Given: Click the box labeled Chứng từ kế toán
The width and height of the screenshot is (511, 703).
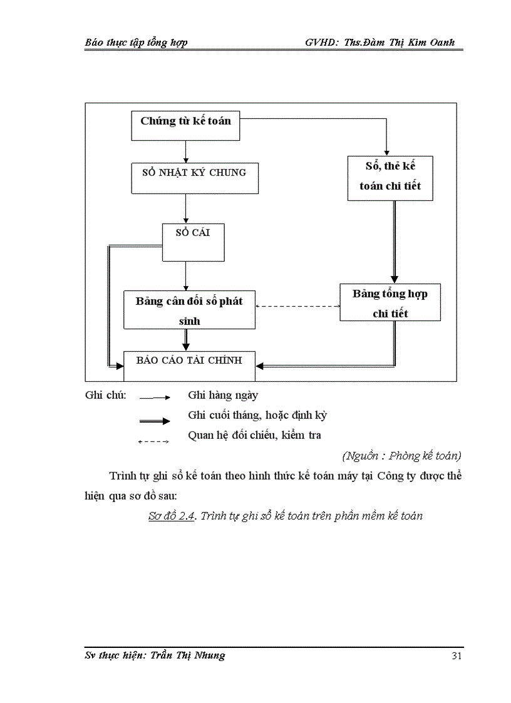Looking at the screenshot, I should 185,126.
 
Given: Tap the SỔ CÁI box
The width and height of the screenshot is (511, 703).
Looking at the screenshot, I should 193,242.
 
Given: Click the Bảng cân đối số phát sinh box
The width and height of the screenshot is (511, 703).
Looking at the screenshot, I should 189,310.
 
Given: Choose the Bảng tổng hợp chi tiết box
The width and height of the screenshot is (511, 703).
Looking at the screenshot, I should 390,302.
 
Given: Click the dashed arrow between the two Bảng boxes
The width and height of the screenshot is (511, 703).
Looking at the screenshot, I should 297,306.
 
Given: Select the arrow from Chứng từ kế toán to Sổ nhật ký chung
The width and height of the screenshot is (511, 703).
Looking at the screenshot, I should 185,151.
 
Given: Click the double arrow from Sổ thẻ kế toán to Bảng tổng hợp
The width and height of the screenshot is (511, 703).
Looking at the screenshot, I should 394,242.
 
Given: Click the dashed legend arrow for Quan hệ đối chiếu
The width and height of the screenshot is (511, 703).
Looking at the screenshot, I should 153,442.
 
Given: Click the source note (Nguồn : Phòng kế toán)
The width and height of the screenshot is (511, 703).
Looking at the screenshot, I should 402,455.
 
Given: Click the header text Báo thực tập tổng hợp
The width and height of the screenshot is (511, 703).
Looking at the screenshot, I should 136,43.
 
